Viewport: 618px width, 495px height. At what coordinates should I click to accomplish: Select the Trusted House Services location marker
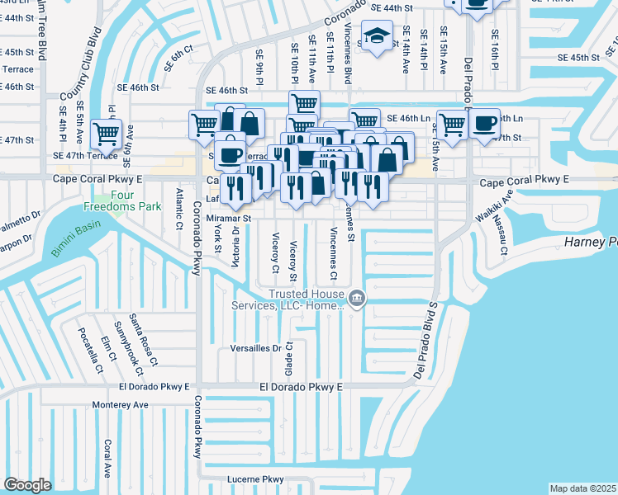tap(356, 298)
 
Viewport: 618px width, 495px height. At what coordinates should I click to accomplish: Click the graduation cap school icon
tap(377, 36)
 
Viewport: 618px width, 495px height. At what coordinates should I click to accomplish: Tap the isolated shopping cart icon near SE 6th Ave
tap(107, 132)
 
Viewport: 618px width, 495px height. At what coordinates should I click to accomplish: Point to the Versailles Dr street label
tap(256, 348)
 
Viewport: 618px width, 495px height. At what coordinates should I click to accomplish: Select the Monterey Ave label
tap(121, 404)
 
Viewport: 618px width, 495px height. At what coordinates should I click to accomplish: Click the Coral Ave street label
tap(107, 458)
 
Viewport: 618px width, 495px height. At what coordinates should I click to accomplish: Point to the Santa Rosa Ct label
tap(148, 346)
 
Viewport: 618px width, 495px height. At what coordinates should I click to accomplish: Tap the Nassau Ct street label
tap(502, 237)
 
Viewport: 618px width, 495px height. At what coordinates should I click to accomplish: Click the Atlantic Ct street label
tap(178, 210)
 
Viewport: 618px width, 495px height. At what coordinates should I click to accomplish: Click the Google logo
tap(27, 485)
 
